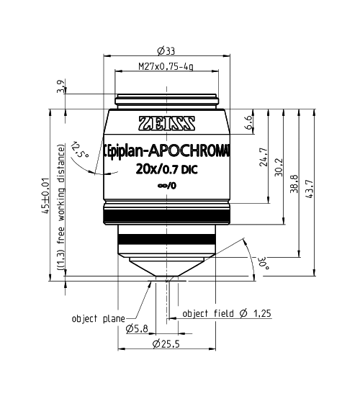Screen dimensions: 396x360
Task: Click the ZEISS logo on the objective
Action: [167, 122]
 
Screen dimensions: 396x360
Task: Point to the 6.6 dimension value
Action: [248, 122]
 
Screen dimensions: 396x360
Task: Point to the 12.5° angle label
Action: [80, 150]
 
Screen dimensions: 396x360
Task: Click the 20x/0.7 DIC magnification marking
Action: [167, 170]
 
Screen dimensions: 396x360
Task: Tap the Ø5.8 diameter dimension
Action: [138, 329]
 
